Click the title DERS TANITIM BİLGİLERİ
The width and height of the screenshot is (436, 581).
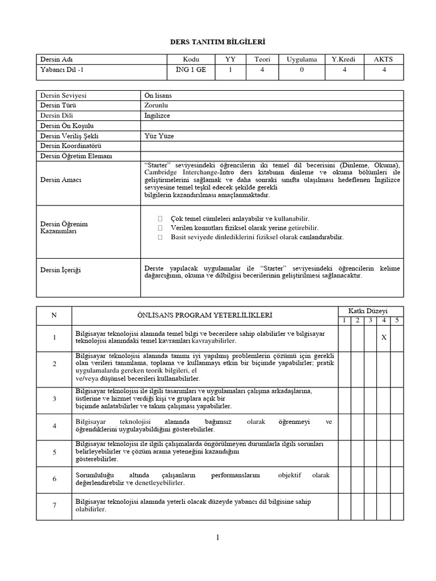(218, 42)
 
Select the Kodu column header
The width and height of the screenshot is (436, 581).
(191, 60)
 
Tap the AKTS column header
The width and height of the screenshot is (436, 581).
(384, 60)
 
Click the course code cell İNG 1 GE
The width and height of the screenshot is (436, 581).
(191, 70)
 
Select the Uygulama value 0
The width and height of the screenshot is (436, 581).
(301, 70)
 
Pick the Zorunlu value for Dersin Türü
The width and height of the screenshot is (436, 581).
(157, 105)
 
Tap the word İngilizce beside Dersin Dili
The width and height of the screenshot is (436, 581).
(158, 115)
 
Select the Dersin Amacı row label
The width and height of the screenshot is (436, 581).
(61, 180)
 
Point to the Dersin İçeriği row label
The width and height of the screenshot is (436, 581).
(61, 270)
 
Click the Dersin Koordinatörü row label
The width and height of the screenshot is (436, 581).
(70, 146)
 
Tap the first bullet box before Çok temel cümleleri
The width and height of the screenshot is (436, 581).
(161, 218)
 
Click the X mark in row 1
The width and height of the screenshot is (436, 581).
(384, 338)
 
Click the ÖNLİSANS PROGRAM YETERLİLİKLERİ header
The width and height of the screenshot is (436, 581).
(205, 314)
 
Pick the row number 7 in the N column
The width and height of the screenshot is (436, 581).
(54, 506)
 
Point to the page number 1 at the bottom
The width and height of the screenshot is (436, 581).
(217, 538)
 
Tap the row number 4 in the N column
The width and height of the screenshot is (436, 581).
(54, 426)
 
